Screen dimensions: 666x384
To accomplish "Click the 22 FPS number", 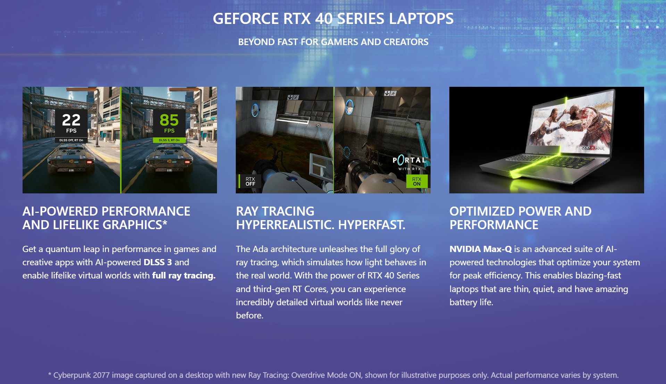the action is pos(71,120).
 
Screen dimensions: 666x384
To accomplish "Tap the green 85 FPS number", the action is pos(169,120).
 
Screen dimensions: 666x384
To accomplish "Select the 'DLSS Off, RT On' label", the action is pos(71,140).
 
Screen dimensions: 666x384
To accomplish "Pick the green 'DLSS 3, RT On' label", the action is pos(169,140).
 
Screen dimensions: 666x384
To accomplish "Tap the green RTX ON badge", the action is pos(417,181).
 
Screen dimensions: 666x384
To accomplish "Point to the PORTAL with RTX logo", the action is pos(409,162).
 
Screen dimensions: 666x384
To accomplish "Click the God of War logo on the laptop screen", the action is pos(593,148).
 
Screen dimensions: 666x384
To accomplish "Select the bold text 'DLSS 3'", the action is pos(158,262).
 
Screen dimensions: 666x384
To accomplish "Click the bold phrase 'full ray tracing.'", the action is pos(184,275).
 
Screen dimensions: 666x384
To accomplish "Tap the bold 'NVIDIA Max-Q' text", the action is pos(481,249).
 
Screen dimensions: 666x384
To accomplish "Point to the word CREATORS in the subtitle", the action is pos(406,42).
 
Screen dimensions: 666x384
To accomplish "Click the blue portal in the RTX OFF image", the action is pos(255,110).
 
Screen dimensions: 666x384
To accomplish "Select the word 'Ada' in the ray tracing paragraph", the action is pos(260,249).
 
